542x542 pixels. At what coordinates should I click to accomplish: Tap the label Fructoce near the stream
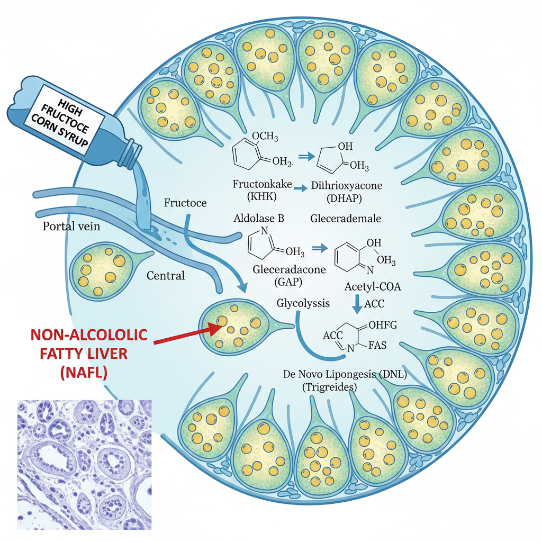coord(185,203)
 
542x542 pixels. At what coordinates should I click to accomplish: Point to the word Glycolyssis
coord(303,303)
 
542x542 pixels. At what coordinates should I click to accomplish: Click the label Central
coord(166,275)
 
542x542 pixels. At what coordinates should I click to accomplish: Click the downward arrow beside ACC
coord(357,304)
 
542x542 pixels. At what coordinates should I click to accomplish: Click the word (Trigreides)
coord(329,387)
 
